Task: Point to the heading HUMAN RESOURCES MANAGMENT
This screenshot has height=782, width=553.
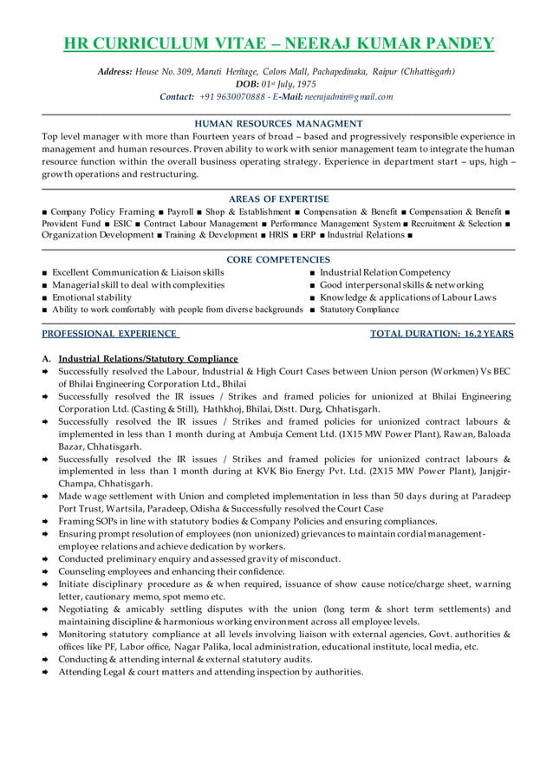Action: (x=278, y=124)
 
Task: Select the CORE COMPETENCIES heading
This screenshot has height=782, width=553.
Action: (x=278, y=259)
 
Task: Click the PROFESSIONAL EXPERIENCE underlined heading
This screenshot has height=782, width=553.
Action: (x=110, y=333)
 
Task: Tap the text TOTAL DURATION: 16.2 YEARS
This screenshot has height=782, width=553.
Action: (x=441, y=333)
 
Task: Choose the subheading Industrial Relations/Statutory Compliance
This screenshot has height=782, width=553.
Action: (x=147, y=358)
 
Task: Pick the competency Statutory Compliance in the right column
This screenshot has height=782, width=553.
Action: (x=360, y=309)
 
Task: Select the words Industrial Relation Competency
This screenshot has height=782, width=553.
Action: (x=385, y=272)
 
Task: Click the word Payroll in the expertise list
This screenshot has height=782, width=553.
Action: (x=180, y=212)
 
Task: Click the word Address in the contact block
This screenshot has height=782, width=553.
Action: (x=114, y=71)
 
